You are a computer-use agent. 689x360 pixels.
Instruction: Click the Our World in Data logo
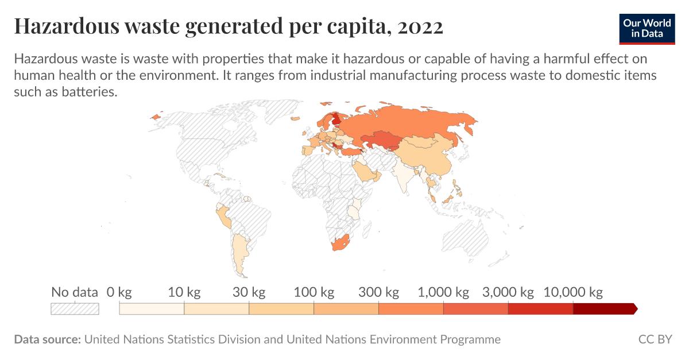click(647, 27)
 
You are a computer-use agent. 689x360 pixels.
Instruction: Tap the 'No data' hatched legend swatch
click(75, 309)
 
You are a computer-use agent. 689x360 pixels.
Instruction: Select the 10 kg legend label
click(184, 292)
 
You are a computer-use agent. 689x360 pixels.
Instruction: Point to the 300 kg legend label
click(378, 292)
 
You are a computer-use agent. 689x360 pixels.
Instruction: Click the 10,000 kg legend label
click(573, 292)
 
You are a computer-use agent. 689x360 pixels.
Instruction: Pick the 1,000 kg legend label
click(443, 292)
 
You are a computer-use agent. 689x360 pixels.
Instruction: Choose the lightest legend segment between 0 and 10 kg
click(152, 309)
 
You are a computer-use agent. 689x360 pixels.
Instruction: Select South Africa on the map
click(339, 243)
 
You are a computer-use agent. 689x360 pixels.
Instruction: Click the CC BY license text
click(655, 339)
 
